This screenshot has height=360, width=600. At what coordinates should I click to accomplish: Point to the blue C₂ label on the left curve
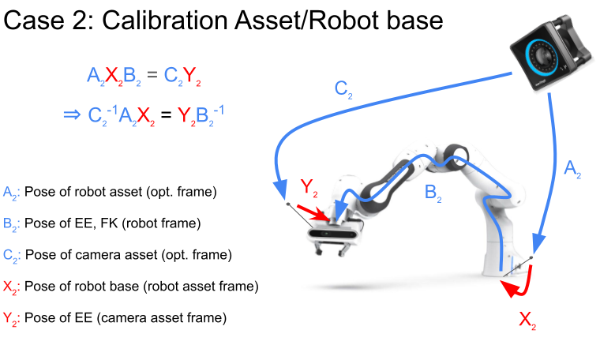coord(343,88)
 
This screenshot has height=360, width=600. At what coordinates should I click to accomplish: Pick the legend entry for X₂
coord(130,286)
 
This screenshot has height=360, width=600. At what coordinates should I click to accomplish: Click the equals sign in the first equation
coord(151,76)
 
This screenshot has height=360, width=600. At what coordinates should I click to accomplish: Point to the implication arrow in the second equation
coord(71,114)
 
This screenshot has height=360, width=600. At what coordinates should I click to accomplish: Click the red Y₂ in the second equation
coord(186,115)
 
